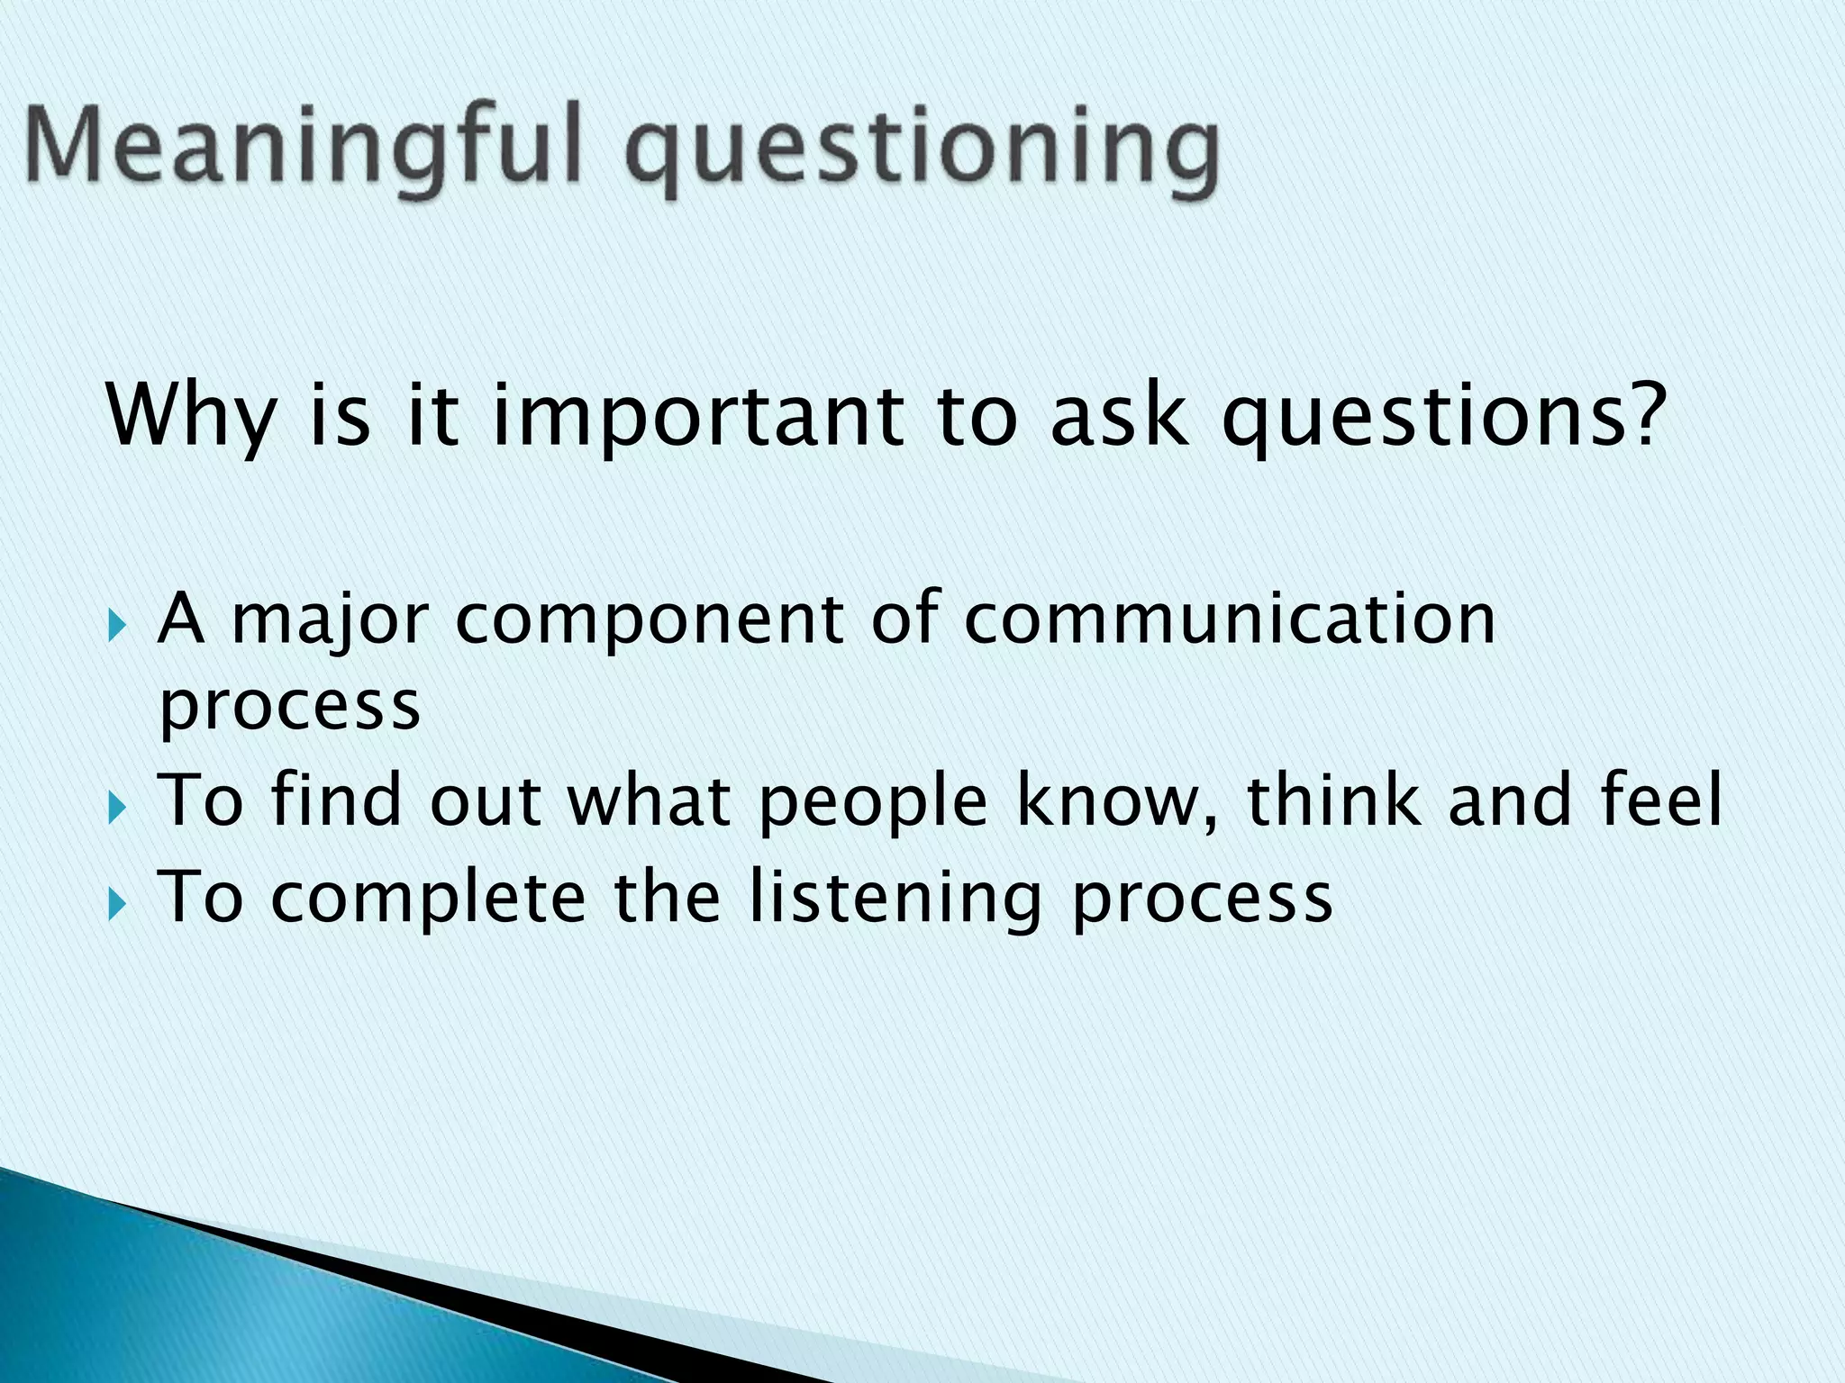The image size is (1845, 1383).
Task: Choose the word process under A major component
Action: point(289,707)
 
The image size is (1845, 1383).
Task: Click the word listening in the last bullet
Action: point(896,899)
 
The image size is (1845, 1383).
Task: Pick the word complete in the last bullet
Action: point(428,899)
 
